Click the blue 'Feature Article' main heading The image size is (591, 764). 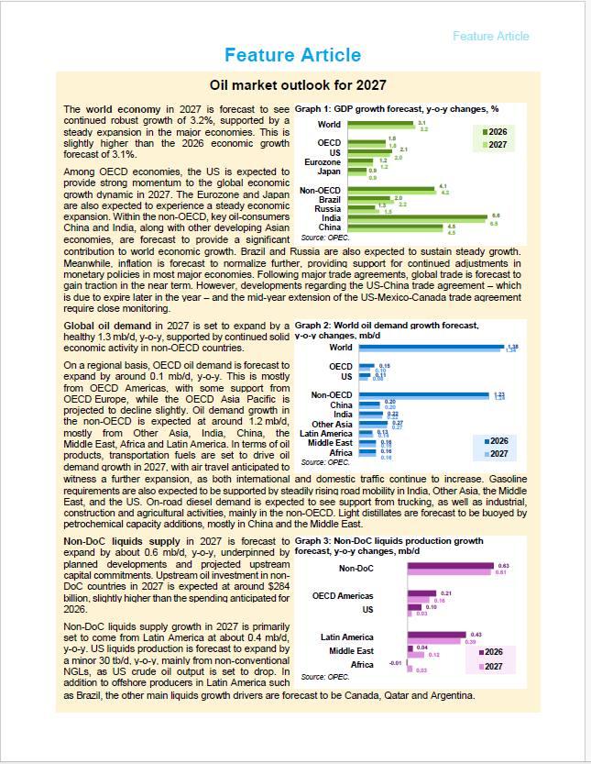pos(292,55)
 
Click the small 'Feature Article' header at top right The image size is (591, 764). pos(490,36)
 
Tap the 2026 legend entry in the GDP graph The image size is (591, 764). pos(496,132)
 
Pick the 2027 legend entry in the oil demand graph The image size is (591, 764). pos(496,453)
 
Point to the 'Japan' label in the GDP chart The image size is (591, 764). pos(328,172)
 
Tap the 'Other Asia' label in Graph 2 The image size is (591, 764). pos(332,424)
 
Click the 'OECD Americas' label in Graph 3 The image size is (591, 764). pos(343,596)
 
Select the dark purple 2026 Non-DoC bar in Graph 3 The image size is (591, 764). pos(450,567)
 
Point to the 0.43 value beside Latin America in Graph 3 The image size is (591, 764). pos(476,635)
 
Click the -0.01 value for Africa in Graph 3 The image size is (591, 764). pos(395,662)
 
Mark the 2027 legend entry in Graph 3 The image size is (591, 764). pos(493,666)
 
